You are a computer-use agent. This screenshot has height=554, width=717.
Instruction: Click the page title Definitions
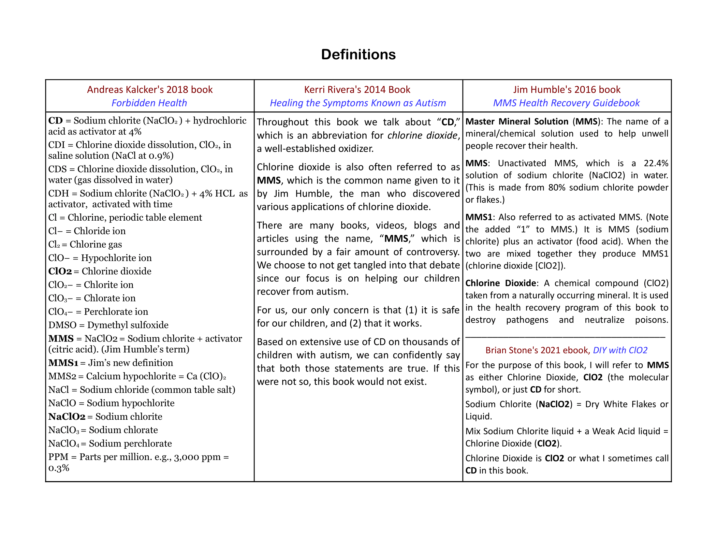coord(358,54)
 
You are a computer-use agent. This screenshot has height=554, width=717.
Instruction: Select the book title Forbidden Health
coord(149,103)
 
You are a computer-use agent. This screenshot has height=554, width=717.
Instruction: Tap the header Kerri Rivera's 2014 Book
coord(357,90)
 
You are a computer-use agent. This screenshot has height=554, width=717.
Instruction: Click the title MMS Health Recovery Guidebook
coord(566,103)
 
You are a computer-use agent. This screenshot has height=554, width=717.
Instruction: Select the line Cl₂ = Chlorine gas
coord(85,244)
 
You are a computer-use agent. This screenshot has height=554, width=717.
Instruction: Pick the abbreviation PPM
coord(58,457)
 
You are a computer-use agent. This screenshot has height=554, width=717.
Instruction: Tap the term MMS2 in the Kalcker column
coord(62,376)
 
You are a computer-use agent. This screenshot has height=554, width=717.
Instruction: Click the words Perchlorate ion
coord(116,312)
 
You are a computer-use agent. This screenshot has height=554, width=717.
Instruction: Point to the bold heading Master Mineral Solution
coord(517,122)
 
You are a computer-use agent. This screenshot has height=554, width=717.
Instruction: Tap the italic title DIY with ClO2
coord(620,350)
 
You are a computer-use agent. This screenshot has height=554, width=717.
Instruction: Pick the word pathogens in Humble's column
coord(527,320)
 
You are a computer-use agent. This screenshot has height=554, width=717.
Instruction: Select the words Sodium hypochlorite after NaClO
coord(131,403)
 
